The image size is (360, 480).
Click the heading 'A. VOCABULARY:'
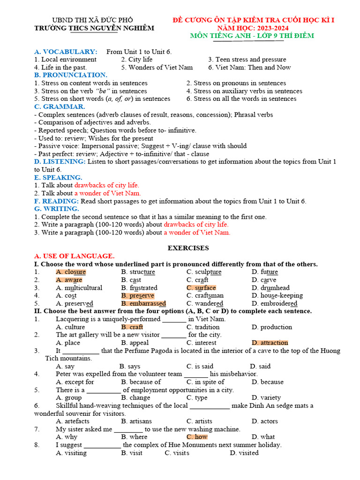pos(66,52)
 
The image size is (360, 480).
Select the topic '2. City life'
pos(136,60)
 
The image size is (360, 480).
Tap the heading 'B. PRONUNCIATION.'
pos(71,75)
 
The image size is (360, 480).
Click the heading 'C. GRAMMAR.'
pos(60,107)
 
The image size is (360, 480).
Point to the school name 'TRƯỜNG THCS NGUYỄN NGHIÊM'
pos(94,28)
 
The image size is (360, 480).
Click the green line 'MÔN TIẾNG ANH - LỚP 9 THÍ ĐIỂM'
pos(252,36)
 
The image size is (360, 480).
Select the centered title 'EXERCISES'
pos(188,248)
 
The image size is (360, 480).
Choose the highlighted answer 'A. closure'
pos(71,272)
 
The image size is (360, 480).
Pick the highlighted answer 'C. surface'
pos(201,288)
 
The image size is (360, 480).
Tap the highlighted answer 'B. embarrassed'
pos(143,303)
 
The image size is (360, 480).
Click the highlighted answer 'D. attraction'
pos(270,343)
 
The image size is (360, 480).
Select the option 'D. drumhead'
pos(270,288)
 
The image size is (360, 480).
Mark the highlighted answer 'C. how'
pos(197,437)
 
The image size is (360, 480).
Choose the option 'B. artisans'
pos(136,421)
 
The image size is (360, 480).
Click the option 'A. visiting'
pos(71,453)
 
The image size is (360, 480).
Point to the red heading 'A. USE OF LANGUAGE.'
pos(74,256)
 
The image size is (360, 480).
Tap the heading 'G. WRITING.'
pos(57,209)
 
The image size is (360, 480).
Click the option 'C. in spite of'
pos(205,382)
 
